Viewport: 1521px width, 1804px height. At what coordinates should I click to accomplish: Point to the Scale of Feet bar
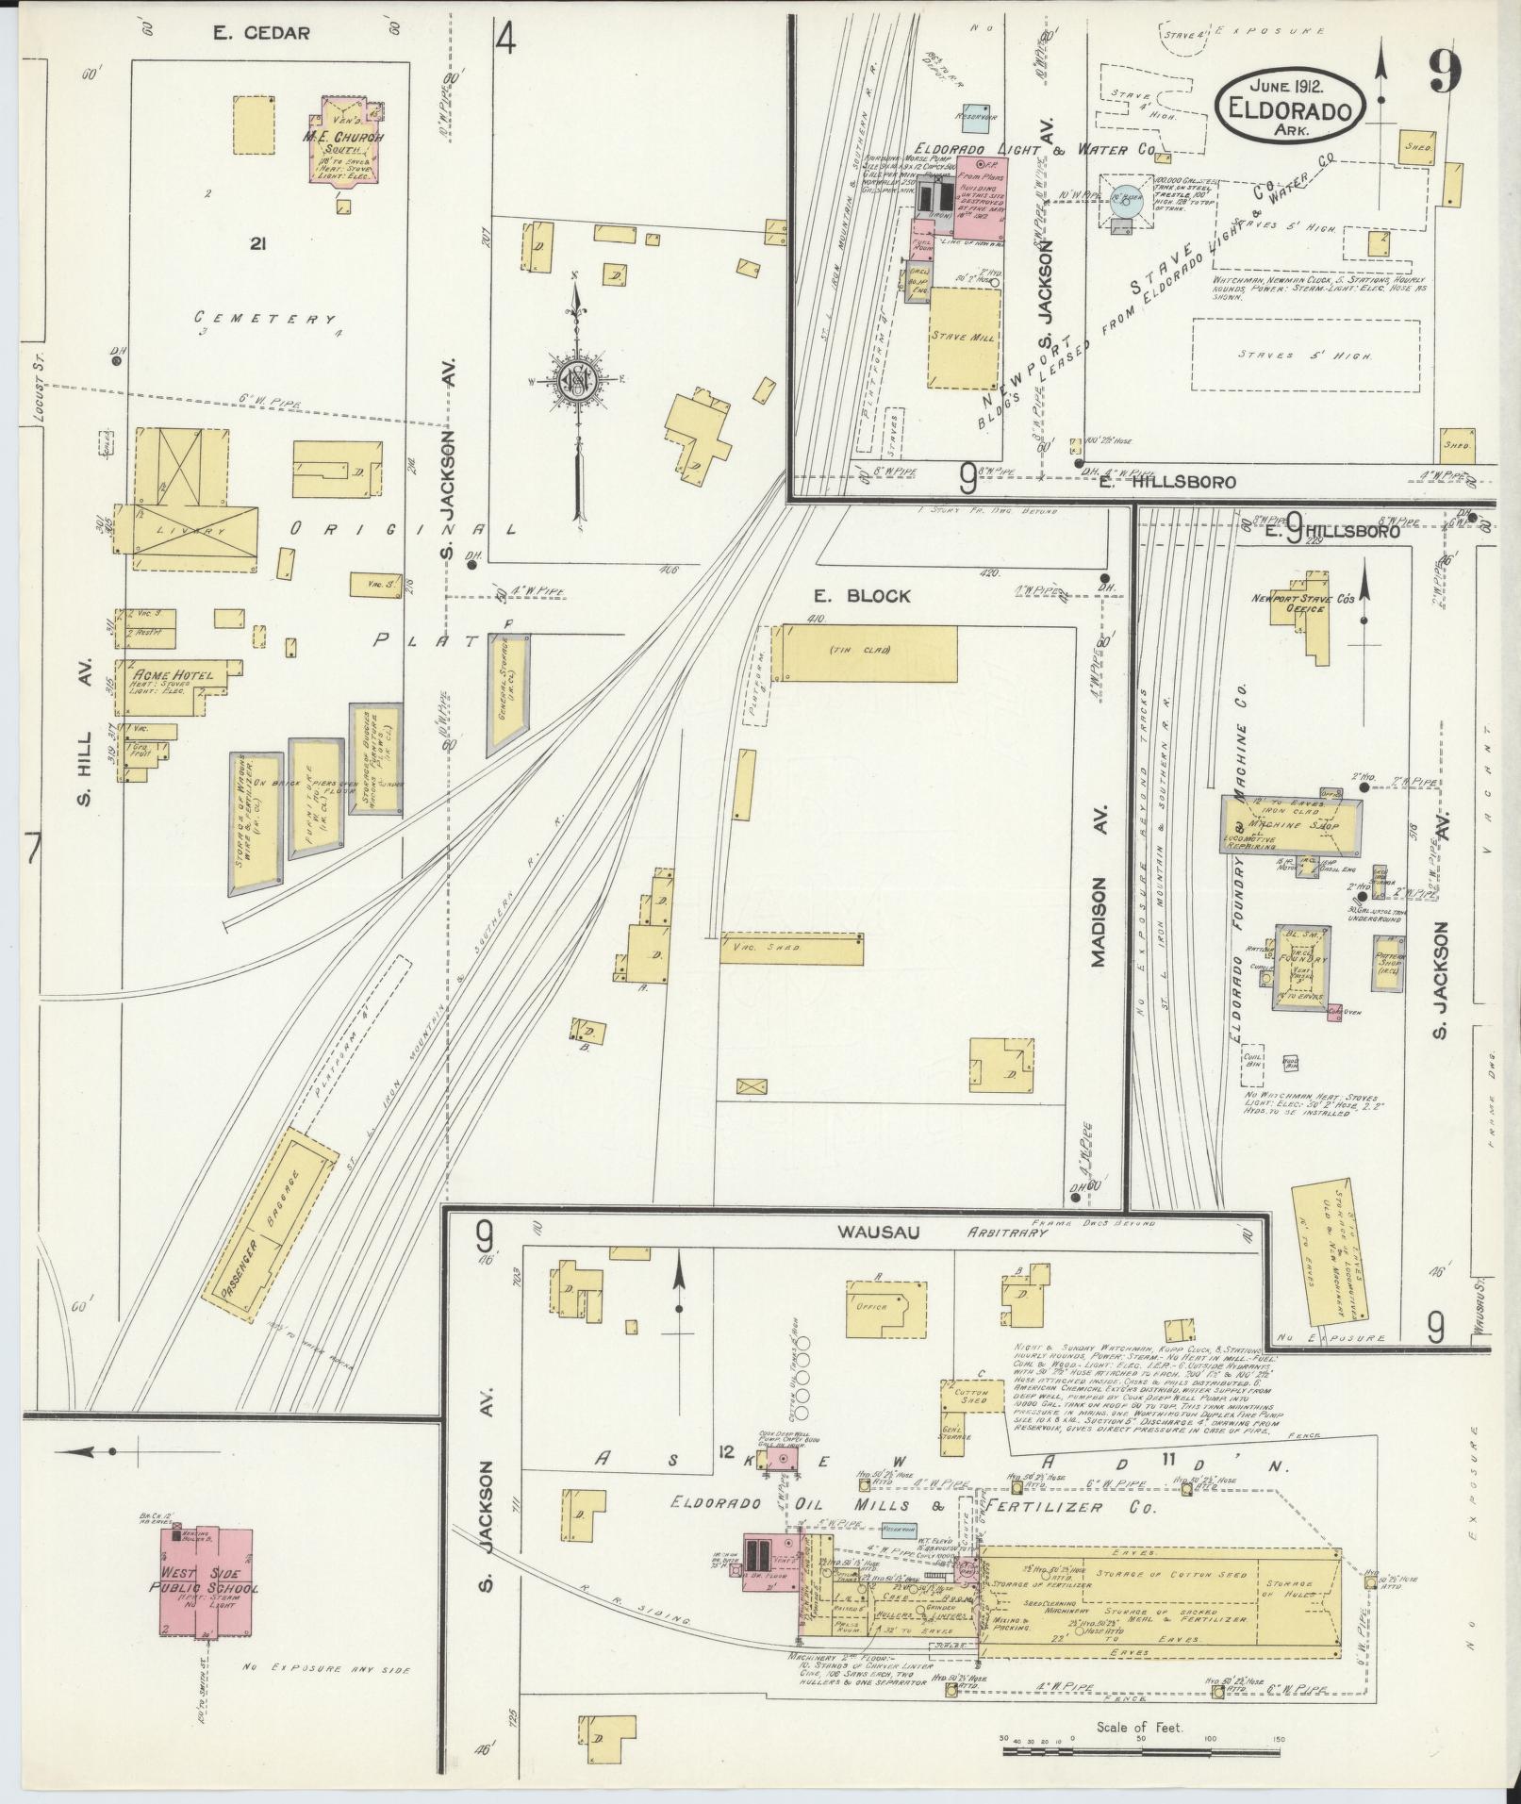click(1138, 1750)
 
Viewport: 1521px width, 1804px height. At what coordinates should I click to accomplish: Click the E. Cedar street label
click(261, 34)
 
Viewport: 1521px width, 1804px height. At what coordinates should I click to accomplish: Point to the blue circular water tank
click(1125, 199)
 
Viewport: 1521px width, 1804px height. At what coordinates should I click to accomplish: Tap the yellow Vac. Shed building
click(790, 949)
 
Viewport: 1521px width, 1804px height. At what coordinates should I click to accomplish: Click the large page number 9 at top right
click(1443, 71)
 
